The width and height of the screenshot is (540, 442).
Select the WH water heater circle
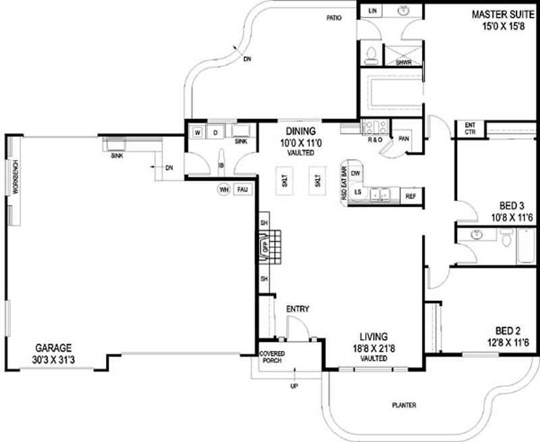point(223,190)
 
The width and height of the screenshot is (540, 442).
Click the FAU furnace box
point(242,190)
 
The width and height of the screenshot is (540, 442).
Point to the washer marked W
point(198,132)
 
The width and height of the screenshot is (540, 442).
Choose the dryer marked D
point(215,132)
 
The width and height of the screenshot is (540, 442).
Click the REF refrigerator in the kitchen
point(410,196)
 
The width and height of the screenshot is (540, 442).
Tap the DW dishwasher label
point(357,173)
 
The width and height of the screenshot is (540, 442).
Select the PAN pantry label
point(404,138)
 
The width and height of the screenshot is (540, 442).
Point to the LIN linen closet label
point(373,11)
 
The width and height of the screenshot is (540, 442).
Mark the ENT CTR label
point(470,128)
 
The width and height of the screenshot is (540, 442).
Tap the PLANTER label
point(404,406)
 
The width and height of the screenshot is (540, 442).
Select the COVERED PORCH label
point(273,357)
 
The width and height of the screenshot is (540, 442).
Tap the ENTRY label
point(298,309)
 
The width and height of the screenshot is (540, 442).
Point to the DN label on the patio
point(247,60)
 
